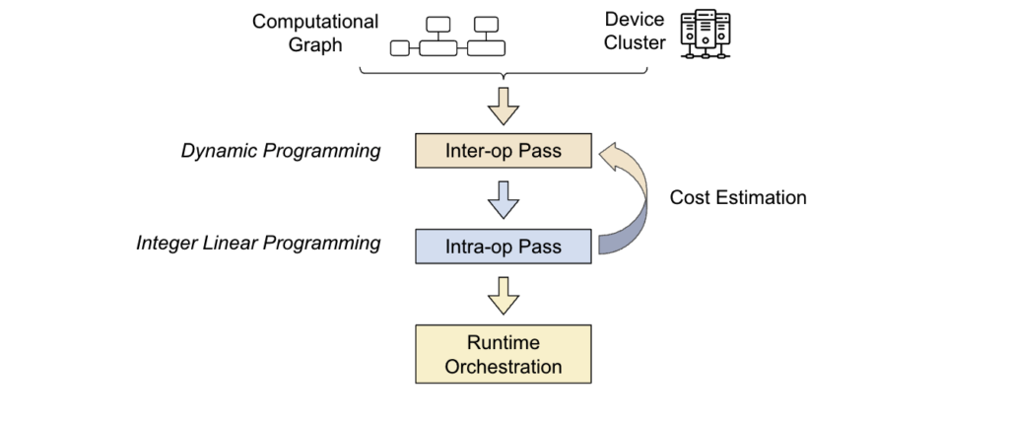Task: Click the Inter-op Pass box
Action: click(504, 151)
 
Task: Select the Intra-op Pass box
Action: click(504, 246)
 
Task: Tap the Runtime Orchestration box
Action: click(504, 354)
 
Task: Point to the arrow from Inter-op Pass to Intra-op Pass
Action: click(504, 199)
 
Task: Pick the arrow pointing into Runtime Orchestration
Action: click(504, 296)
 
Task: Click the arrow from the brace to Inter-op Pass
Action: click(504, 106)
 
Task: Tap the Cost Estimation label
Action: click(737, 197)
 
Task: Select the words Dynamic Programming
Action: click(281, 151)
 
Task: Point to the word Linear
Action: click(229, 243)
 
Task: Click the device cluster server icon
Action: click(706, 35)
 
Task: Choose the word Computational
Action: click(314, 22)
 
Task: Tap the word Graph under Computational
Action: click(315, 45)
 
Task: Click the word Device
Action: click(634, 20)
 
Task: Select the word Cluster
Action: click(635, 42)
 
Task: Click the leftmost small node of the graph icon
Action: click(400, 48)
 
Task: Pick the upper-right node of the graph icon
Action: click(486, 25)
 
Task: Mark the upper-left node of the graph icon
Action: click(438, 25)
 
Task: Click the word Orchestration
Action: click(504, 367)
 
